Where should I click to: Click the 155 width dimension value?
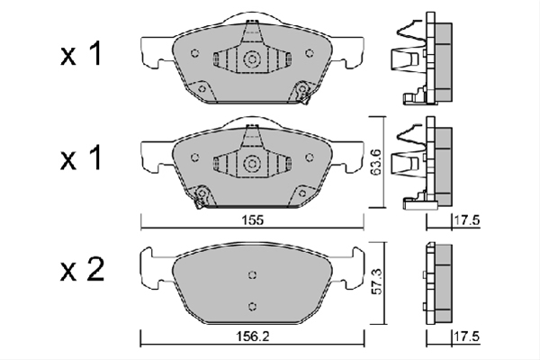click(x=253, y=220)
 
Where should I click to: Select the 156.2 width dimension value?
click(x=252, y=337)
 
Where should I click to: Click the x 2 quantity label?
click(x=82, y=270)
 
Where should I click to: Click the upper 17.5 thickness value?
click(x=466, y=220)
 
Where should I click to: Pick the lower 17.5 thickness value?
click(x=466, y=337)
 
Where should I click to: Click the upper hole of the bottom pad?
click(x=252, y=274)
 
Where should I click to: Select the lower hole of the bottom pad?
click(x=252, y=306)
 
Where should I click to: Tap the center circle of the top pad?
click(x=251, y=58)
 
